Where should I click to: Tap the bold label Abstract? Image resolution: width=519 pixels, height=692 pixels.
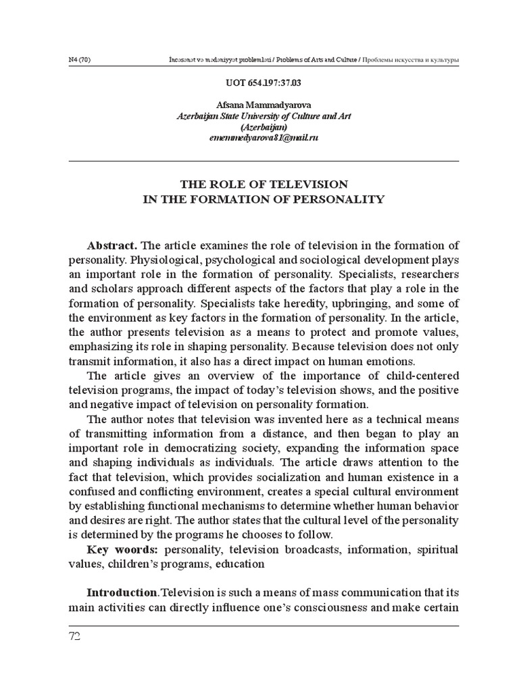tap(112, 244)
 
